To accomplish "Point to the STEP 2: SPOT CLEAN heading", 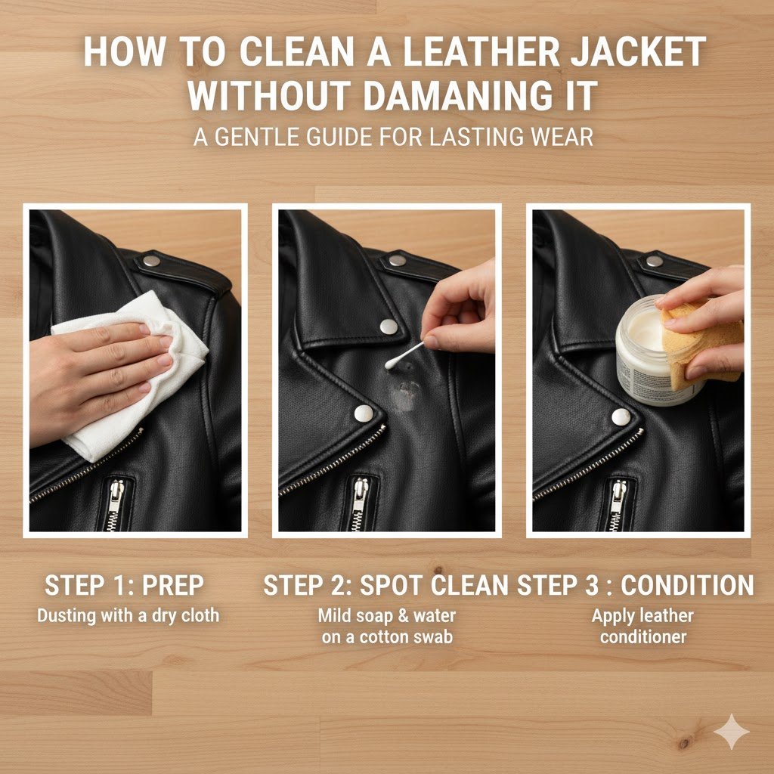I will [385, 586].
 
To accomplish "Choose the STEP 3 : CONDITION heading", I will [636, 586].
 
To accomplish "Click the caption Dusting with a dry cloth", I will [128, 615].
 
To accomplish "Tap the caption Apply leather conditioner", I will [642, 626].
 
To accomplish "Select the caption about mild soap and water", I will [387, 626].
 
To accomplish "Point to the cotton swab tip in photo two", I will [392, 364].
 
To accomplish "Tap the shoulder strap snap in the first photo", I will [151, 261].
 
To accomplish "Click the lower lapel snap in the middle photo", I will [364, 413].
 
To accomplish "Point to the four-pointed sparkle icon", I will [731, 731].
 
